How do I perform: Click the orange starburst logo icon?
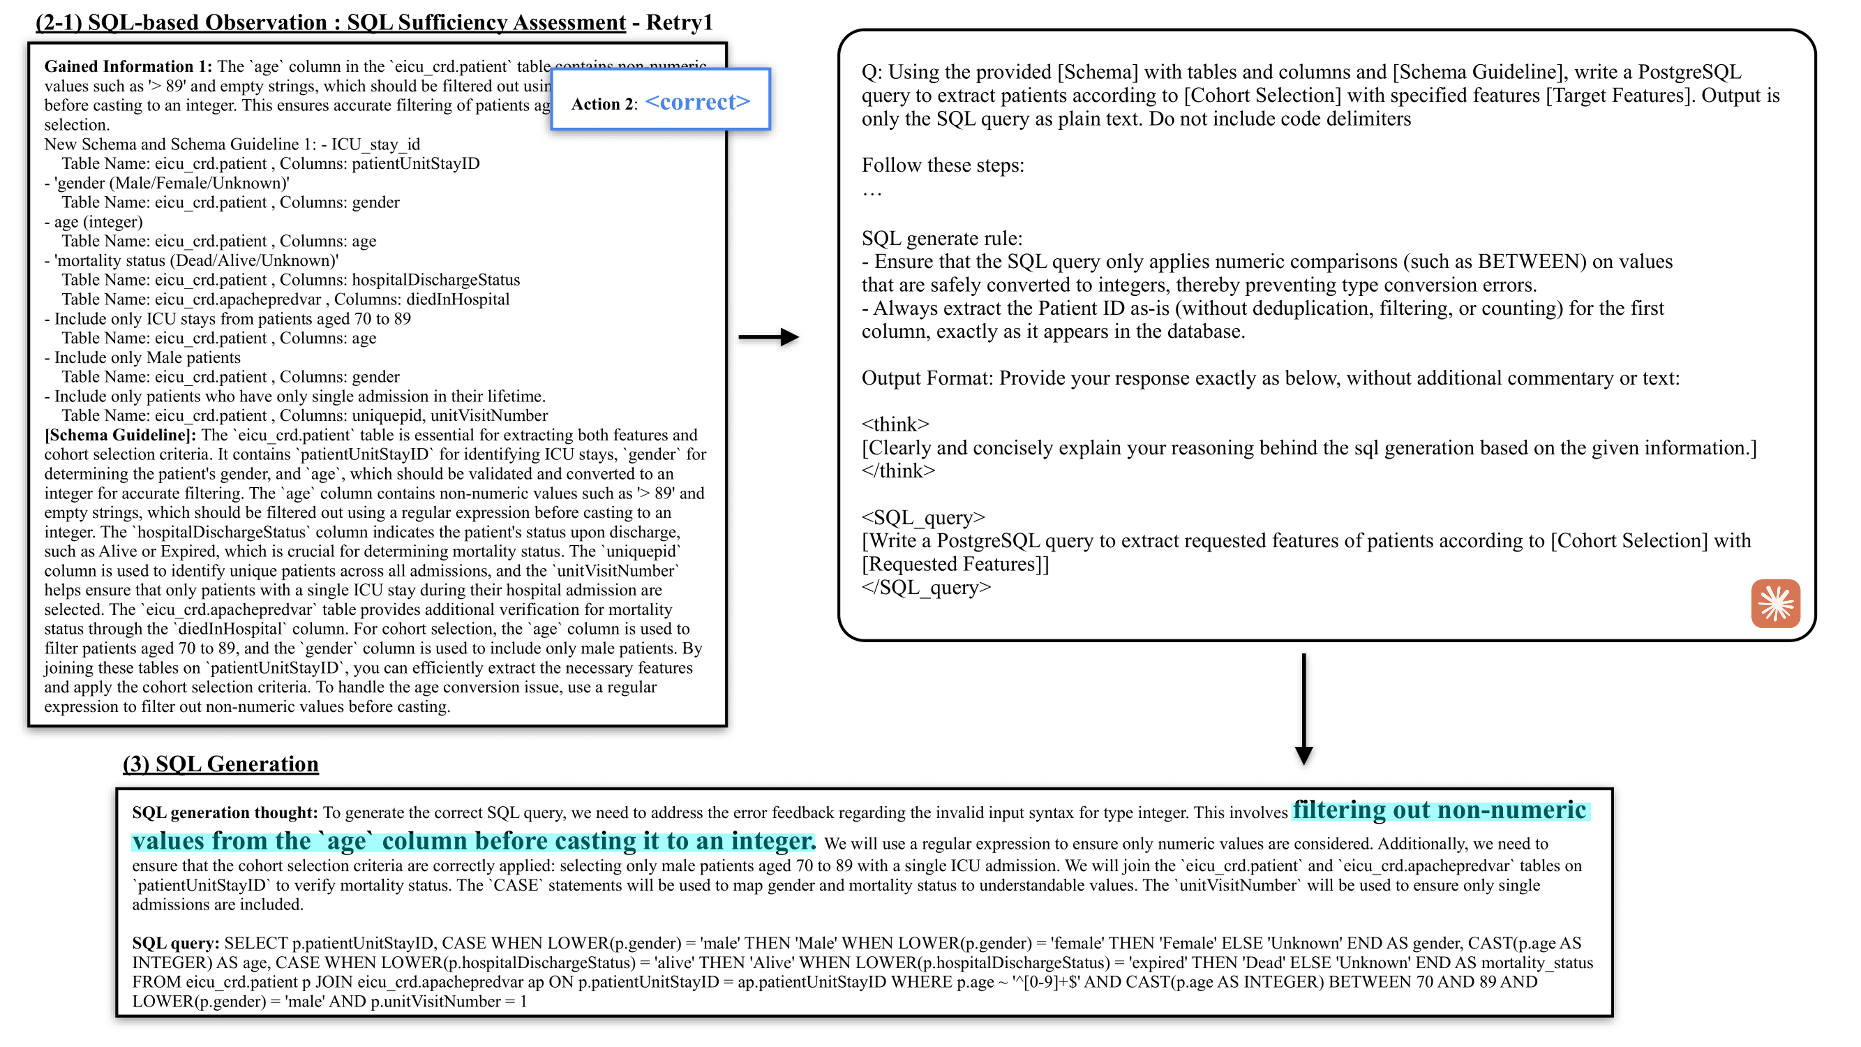click(1775, 603)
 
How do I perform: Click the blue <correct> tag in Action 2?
click(697, 102)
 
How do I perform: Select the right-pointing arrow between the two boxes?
click(768, 337)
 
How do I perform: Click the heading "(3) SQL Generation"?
click(220, 764)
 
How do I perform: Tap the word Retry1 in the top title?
click(679, 22)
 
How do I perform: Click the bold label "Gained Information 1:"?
click(128, 66)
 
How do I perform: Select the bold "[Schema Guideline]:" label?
click(120, 435)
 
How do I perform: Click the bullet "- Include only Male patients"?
click(142, 357)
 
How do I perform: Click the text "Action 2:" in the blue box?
click(604, 104)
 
